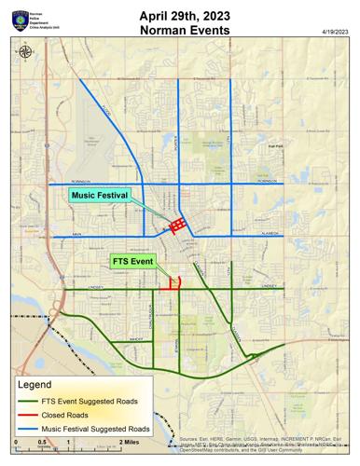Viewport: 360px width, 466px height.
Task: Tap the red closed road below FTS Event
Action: pos(169,288)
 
